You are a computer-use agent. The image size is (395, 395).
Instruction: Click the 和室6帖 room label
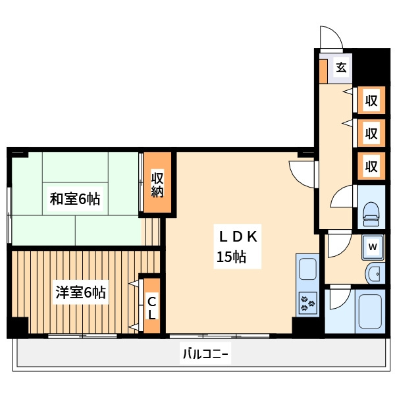[x=75, y=199]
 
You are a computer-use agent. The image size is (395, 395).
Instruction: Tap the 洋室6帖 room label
[x=80, y=292]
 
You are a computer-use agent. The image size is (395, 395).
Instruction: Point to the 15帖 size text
[x=231, y=257]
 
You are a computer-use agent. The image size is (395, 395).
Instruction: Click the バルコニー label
[x=205, y=355]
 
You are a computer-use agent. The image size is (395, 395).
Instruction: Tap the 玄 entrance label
[x=341, y=67]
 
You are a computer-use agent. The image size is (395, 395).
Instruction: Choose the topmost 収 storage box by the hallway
[x=371, y=101]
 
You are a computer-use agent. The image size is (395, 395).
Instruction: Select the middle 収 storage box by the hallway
[x=371, y=134]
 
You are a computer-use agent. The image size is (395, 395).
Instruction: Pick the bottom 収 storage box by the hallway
[x=371, y=166]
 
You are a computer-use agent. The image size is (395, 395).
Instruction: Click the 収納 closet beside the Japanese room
[x=157, y=184]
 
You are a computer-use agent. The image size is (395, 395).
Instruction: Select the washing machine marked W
[x=373, y=247]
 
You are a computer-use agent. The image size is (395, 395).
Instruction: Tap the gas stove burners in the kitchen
[x=307, y=303]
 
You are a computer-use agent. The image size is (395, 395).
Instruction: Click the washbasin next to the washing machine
[x=373, y=273]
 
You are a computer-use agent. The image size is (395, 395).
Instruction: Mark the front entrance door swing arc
[x=330, y=38]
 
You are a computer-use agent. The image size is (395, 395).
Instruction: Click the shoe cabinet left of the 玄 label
[x=323, y=71]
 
